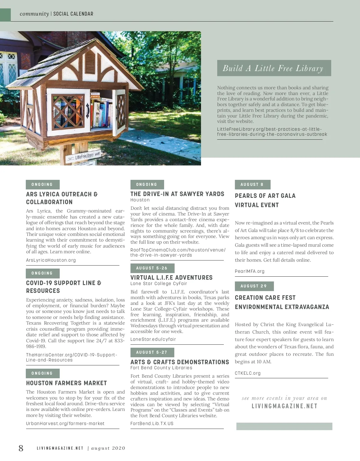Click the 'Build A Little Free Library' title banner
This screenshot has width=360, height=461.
click(274, 68)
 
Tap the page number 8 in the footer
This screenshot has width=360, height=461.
click(21, 448)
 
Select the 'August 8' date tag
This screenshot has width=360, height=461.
click(252, 184)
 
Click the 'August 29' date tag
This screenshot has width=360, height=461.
click(254, 286)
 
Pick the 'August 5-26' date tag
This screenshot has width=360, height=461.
click(152, 268)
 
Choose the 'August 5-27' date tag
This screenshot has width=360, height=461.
click(152, 352)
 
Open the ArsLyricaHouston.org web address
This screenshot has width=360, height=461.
click(51, 260)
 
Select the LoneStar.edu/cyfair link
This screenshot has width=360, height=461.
click(153, 339)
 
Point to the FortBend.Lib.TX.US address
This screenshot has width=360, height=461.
click(152, 424)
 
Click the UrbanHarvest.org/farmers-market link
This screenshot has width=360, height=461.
click(65, 424)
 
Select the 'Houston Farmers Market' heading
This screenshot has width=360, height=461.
click(67, 383)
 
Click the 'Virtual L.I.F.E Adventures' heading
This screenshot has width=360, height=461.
click(172, 278)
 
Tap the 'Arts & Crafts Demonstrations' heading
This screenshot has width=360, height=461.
click(180, 362)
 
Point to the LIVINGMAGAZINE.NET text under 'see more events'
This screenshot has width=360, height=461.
click(284, 406)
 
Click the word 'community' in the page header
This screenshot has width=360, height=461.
click(34, 14)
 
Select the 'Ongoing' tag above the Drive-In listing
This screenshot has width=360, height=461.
click(147, 184)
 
